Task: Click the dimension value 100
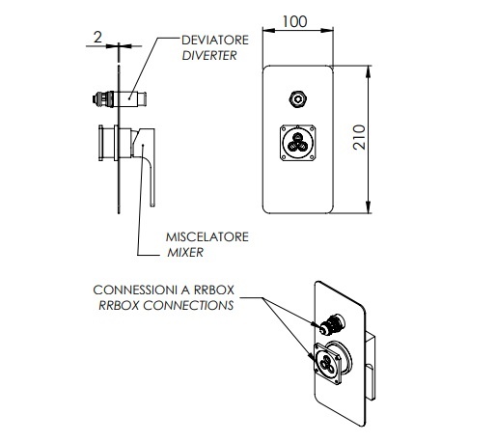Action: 294,21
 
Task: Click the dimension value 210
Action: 359,137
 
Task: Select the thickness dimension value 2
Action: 97,37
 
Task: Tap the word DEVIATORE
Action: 215,40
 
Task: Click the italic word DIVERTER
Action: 209,55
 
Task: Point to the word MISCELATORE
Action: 207,236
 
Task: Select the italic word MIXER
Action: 185,253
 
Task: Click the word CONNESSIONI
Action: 135,290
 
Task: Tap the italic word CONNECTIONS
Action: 188,305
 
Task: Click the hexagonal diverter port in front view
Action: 297,99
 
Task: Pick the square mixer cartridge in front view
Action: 297,143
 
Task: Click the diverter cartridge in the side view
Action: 119,98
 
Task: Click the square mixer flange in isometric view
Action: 327,364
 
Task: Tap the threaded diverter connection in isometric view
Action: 331,324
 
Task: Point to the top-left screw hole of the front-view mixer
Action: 284,128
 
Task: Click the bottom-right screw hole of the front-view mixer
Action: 312,157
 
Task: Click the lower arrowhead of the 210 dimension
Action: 369,207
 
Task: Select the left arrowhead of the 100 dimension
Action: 269,31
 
